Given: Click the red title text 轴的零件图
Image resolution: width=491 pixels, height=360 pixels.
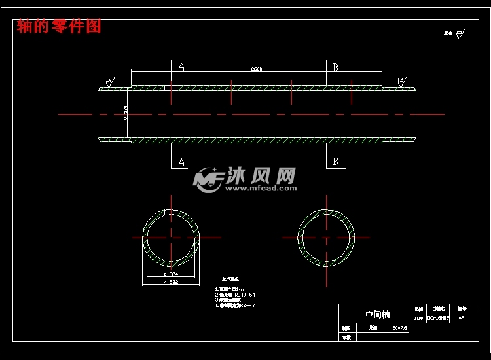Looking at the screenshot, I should click(x=59, y=26).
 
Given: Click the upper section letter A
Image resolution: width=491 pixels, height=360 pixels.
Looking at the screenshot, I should click(x=181, y=67).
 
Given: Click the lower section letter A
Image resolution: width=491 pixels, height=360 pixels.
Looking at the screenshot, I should click(x=181, y=162).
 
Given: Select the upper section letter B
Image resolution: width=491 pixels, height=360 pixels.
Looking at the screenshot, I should click(x=335, y=67).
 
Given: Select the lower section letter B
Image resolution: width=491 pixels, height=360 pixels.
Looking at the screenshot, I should click(x=335, y=162).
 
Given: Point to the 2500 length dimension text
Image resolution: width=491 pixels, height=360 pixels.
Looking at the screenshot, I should click(x=257, y=69).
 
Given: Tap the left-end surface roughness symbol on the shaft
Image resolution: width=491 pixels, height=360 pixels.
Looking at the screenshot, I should click(x=109, y=82).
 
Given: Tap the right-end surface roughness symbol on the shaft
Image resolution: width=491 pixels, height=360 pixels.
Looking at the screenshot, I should click(x=400, y=82).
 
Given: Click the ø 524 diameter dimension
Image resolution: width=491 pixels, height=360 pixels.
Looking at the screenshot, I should click(x=170, y=274).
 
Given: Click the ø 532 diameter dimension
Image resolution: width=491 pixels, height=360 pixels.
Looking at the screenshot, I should click(x=170, y=283).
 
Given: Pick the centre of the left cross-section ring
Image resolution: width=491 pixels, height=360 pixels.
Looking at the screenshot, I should click(x=171, y=237).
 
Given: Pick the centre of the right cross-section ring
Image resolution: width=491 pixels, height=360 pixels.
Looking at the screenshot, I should click(x=326, y=237).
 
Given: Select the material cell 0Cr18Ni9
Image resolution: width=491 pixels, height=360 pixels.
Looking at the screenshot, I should click(x=437, y=318).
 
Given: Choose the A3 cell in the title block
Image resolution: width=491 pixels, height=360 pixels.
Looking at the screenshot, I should click(x=462, y=318).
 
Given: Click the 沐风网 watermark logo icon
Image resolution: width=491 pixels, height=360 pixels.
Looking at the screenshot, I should click(x=208, y=179).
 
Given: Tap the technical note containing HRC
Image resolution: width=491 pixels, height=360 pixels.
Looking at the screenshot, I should click(x=236, y=295).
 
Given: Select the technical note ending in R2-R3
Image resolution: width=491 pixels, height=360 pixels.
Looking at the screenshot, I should click(x=236, y=306).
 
